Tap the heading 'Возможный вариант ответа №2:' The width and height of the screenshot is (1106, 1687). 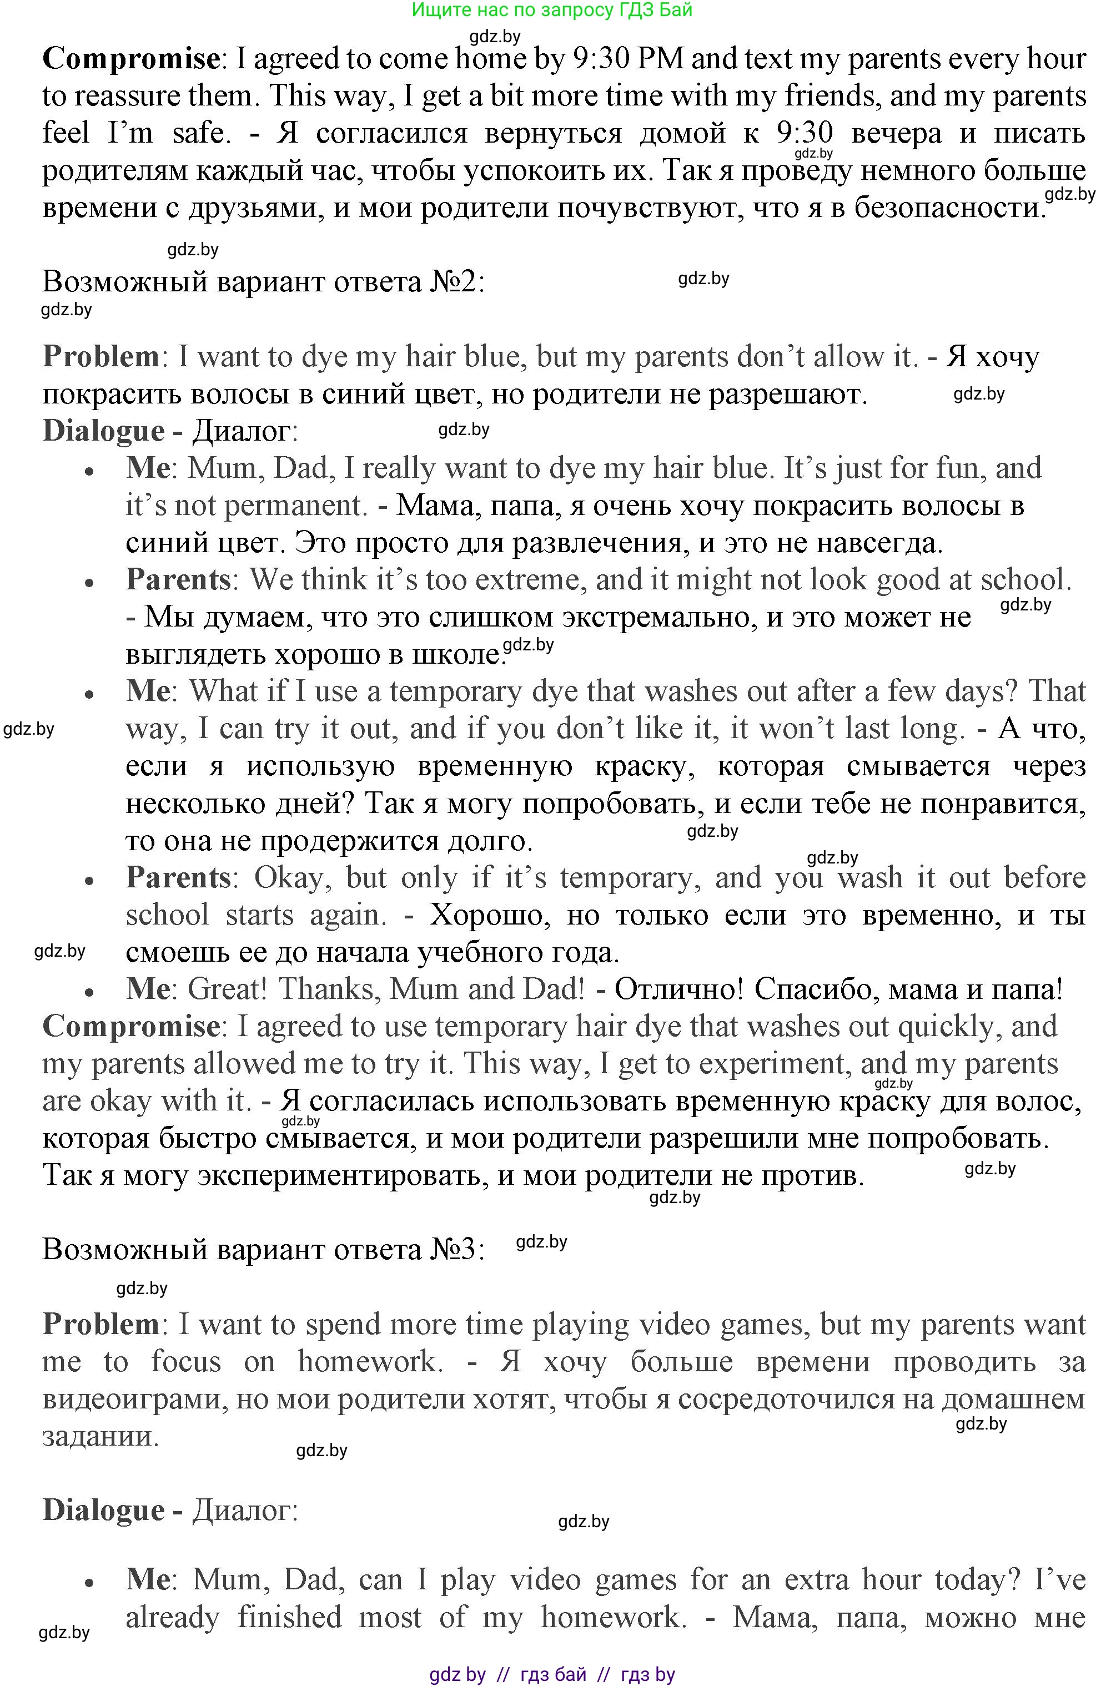[264, 282]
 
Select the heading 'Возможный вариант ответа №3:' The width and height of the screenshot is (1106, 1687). [264, 1249]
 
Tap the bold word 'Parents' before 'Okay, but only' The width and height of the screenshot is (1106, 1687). [179, 877]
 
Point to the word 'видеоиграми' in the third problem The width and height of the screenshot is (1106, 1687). [133, 1399]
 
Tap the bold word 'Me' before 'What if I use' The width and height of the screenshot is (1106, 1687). [148, 691]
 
